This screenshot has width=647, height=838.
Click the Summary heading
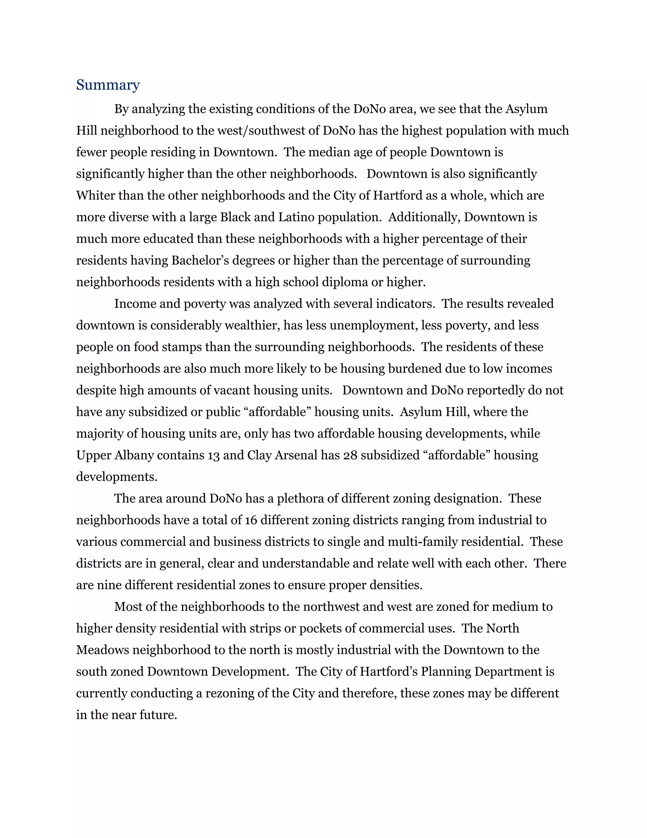108,85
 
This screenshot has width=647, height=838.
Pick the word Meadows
102,650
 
